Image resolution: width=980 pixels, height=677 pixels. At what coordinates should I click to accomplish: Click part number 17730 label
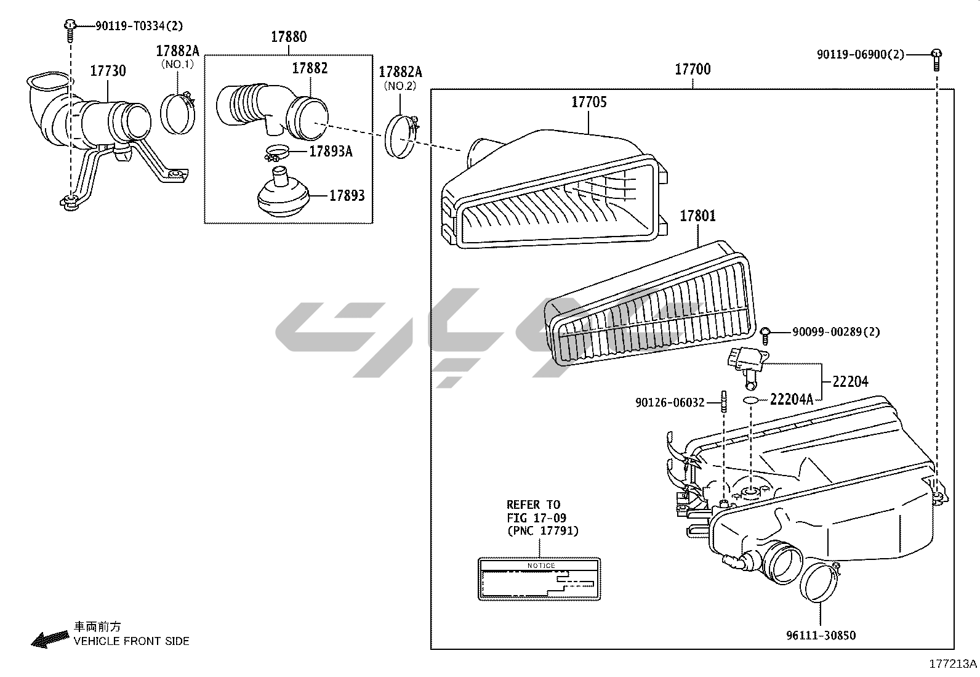[x=108, y=71]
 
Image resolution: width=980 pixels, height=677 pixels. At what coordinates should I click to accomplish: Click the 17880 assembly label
[x=288, y=37]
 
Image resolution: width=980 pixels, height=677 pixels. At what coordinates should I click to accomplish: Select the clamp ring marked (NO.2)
[x=401, y=136]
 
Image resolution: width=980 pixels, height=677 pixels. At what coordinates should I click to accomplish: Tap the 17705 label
[x=588, y=102]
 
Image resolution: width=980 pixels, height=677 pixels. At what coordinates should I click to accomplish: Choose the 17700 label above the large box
[x=693, y=69]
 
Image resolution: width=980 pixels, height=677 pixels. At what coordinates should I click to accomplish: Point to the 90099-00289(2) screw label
[x=835, y=332]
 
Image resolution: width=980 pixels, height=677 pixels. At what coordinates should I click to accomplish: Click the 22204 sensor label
[x=850, y=382]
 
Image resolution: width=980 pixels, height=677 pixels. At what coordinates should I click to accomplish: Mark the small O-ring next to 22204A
[x=750, y=400]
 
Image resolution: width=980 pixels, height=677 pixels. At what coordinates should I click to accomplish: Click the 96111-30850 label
[x=821, y=635]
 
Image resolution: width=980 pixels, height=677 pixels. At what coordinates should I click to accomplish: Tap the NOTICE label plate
[x=539, y=579]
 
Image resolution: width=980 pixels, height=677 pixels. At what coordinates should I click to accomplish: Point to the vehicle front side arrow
[x=49, y=639]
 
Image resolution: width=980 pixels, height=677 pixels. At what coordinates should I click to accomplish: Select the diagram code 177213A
[x=953, y=664]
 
